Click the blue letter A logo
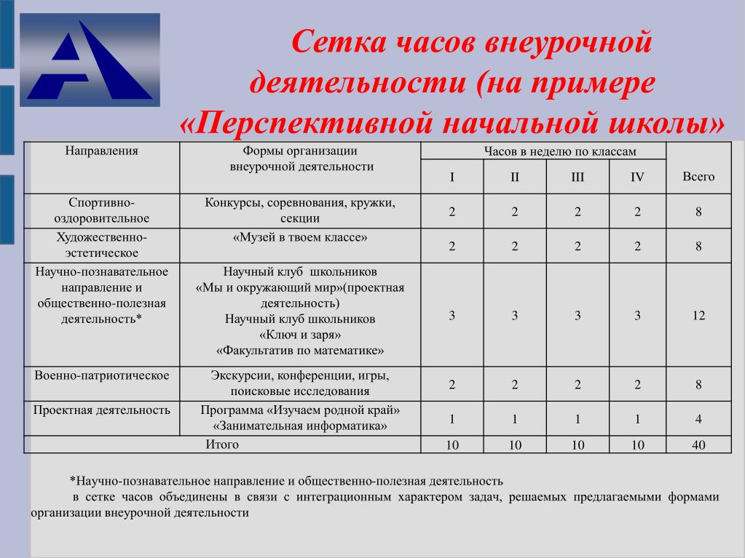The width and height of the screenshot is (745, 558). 90,60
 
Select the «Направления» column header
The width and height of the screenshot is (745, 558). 102,151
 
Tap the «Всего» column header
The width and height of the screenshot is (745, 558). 698,177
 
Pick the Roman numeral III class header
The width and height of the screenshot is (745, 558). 578,177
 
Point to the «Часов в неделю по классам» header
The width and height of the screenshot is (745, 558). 560,151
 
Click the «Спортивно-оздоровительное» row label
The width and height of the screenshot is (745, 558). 102,210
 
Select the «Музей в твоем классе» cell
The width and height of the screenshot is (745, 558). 300,237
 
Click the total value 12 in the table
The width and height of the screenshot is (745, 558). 698,316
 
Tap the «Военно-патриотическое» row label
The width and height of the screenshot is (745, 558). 102,375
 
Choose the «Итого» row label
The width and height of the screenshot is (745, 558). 222,445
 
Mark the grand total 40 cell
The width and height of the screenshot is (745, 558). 698,445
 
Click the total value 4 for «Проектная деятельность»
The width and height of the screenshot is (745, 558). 698,419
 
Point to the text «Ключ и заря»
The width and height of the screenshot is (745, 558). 300,335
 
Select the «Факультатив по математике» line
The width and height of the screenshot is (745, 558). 300,351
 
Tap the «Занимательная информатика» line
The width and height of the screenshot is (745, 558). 300,426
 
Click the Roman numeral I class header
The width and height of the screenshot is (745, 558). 452,177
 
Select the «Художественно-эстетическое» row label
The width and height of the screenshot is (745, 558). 102,245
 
